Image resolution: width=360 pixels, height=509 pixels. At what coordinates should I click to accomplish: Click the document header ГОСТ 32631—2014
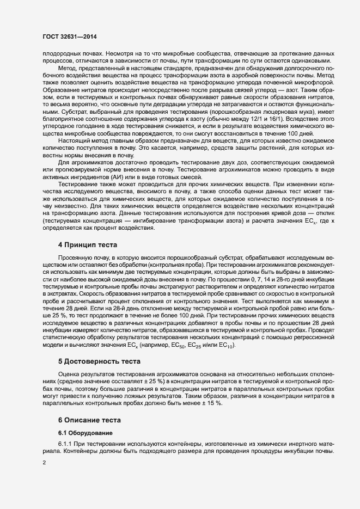click(65, 38)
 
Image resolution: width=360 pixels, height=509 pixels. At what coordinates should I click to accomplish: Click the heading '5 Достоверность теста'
click(99, 361)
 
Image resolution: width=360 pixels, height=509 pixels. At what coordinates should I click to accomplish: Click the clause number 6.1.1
click(65, 445)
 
